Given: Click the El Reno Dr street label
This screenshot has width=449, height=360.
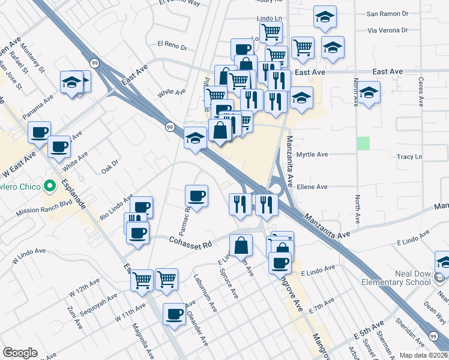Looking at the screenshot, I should (x=172, y=44).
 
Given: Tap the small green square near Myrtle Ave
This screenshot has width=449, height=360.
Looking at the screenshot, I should (x=363, y=143).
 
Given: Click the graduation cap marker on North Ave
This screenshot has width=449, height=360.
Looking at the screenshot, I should (x=370, y=93).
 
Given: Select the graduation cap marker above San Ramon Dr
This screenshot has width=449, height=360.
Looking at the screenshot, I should (x=325, y=17).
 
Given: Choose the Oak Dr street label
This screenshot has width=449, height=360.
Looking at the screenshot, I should (x=111, y=164).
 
